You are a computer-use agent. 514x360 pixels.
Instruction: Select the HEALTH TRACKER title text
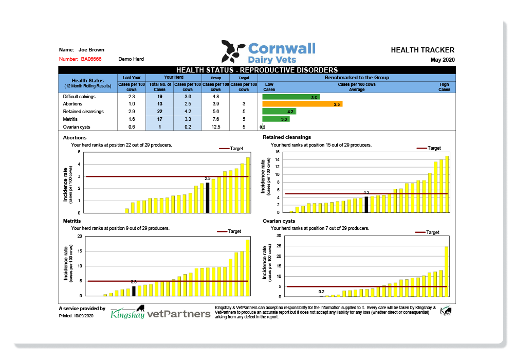[423, 50]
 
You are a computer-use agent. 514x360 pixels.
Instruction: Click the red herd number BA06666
[91, 59]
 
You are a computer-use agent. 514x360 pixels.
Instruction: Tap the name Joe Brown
[91, 50]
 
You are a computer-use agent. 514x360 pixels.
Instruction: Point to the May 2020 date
[442, 60]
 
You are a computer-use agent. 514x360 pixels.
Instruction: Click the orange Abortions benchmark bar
[302, 104]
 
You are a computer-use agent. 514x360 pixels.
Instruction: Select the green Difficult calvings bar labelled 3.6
[291, 97]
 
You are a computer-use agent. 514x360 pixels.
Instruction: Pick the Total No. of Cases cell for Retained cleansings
[159, 112]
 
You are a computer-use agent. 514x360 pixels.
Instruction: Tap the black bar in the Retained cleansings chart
[366, 204]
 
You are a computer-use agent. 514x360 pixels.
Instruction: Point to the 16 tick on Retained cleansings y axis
[277, 152]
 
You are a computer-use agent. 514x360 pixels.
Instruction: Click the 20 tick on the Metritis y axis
[79, 236]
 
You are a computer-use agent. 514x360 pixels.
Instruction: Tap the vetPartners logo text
[178, 313]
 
